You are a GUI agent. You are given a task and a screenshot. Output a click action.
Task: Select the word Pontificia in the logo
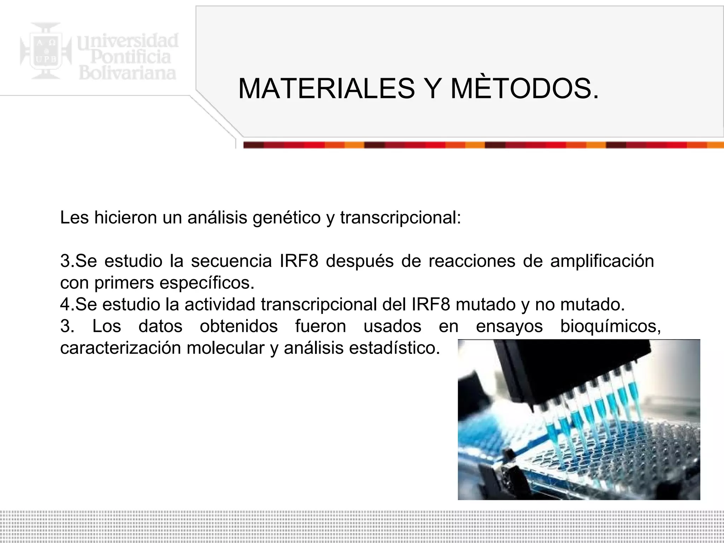130,57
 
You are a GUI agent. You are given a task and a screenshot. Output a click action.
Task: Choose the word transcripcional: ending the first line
401,217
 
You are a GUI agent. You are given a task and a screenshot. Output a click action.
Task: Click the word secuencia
231,261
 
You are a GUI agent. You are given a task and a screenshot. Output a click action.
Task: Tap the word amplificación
602,261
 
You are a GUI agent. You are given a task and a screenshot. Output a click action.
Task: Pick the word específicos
207,283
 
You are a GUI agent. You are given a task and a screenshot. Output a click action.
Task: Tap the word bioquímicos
611,326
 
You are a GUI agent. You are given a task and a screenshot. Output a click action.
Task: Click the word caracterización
120,348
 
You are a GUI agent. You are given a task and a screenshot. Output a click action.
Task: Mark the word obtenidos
239,326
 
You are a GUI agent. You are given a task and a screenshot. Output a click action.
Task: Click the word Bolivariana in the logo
127,73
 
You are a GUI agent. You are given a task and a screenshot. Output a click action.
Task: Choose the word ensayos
509,326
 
